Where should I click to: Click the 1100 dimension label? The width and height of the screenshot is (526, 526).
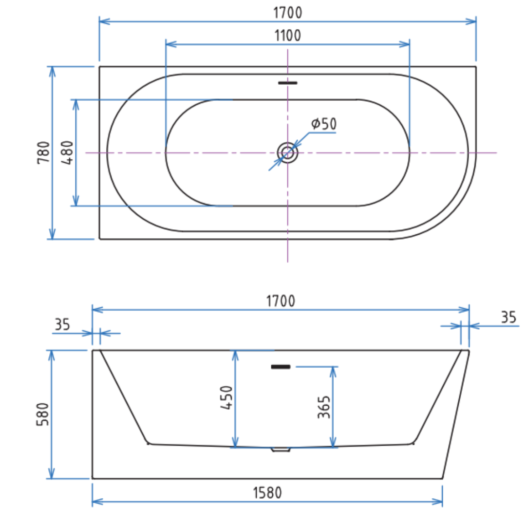[287, 35]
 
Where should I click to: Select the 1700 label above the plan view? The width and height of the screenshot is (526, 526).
[287, 12]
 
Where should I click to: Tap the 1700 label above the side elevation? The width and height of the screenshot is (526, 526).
[281, 301]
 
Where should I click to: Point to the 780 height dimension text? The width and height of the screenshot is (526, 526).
[43, 152]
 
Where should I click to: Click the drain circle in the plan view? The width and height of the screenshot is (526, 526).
[287, 153]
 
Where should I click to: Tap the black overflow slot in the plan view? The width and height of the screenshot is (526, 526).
[287, 83]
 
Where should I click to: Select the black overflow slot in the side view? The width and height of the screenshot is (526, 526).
[281, 366]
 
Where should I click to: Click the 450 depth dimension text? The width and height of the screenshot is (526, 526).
[227, 397]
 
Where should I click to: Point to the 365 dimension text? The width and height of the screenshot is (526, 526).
[324, 407]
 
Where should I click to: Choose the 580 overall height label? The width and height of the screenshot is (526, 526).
[43, 414]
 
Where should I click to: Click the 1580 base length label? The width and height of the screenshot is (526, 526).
[267, 493]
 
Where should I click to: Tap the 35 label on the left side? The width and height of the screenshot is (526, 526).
[62, 324]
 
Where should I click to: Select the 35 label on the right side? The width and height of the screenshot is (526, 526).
[508, 318]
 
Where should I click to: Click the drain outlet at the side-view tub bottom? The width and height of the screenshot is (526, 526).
[280, 450]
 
